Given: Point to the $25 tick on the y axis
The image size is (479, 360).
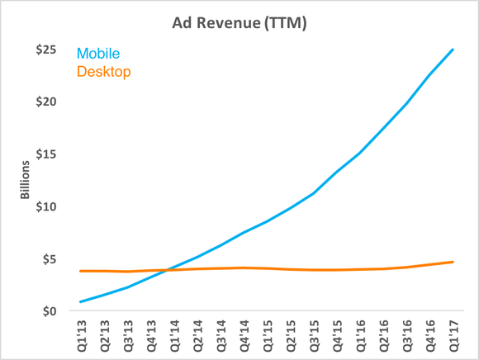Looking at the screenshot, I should point(45,50).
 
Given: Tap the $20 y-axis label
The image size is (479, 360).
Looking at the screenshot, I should point(45,102).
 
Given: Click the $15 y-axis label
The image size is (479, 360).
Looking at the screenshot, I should point(45,154).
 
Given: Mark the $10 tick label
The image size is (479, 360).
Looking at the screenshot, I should point(45,206).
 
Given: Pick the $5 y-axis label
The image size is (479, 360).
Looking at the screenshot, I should point(49,259).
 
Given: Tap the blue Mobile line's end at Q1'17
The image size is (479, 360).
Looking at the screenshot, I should point(453,50).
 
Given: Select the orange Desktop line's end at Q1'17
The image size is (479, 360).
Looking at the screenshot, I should point(453,262).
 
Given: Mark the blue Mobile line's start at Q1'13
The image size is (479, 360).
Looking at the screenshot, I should point(79,301).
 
